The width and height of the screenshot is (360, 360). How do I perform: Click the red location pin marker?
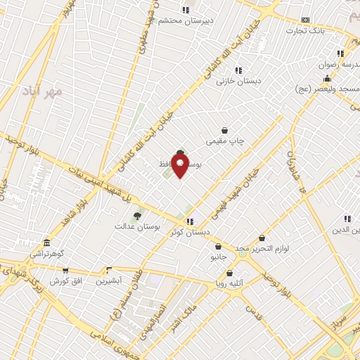pos(180,166)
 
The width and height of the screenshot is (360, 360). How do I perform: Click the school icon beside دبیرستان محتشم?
pos(186,10)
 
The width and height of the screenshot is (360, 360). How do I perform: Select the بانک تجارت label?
pos(305,31)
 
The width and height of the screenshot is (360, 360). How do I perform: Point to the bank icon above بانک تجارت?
pos(304,20)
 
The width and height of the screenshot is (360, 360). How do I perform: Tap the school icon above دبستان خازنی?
pos(238,70)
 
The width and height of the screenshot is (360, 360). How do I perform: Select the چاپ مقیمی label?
pos(225,141)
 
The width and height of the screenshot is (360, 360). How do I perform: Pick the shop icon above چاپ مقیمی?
pos(224,130)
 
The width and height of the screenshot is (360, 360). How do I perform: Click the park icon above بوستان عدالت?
pos(137,216)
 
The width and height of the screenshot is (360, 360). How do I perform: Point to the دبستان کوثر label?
pos(190,232)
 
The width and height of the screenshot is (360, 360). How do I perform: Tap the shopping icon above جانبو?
pos(219,247)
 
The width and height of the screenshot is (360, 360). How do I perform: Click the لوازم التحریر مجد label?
pos(263,250)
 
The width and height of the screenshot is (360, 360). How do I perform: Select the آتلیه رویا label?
pos(229,285)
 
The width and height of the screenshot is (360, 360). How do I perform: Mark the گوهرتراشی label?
pos(46,253)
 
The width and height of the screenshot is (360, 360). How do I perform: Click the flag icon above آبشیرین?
pos(108,270)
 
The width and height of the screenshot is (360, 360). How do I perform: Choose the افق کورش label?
pos(65,281)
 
